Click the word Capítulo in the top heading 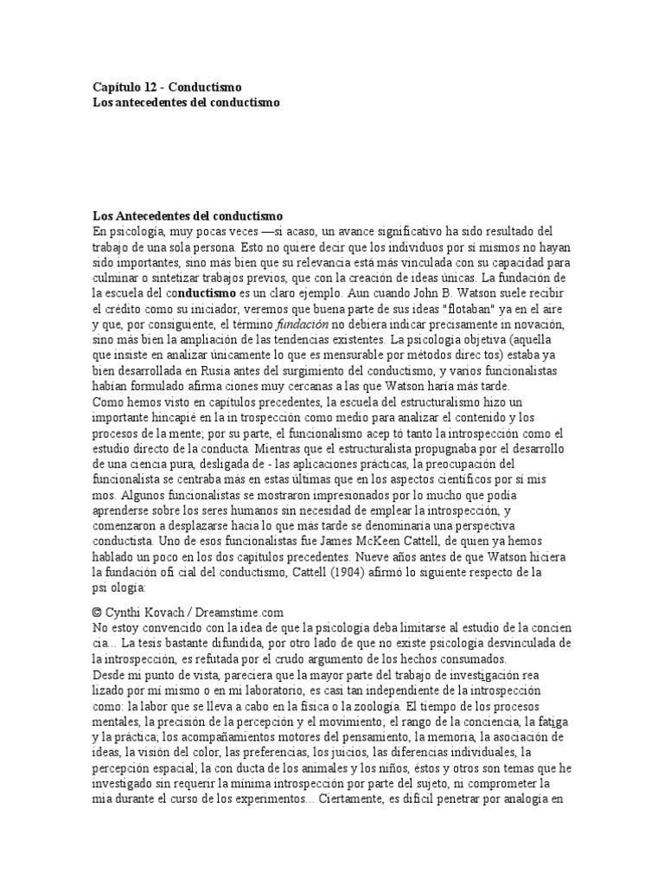[116, 87]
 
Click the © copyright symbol [98, 612]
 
